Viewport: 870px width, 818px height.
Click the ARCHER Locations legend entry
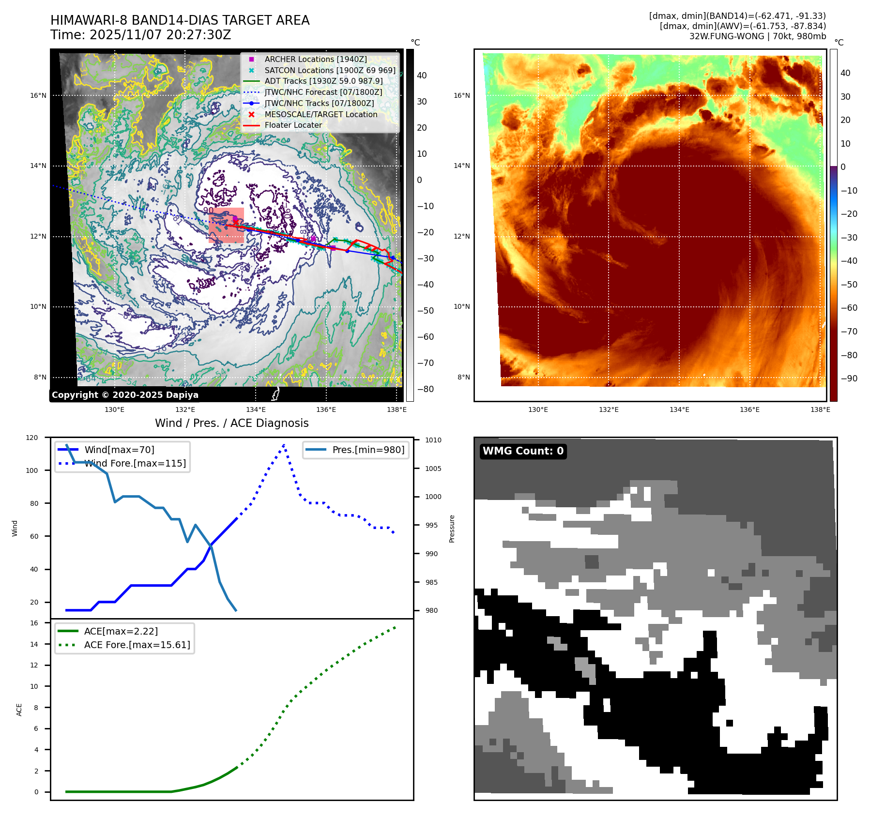315,59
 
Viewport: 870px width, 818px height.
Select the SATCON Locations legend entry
329,70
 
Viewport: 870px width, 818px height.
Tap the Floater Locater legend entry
293,125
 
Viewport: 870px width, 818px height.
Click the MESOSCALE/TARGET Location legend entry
321,114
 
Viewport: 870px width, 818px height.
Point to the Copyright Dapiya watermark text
125,395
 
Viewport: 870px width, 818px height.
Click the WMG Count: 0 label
523,451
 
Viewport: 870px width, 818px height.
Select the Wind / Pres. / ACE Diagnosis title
231,423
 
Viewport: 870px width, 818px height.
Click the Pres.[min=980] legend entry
368,450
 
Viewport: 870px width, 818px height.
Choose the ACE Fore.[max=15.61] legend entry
137,645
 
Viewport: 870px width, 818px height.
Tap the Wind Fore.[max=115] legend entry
135,463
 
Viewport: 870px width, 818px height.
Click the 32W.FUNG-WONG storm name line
757,36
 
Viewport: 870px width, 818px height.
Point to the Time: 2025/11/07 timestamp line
140,35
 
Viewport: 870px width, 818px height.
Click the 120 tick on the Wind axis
32,438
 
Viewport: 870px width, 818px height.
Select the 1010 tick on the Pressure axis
433,440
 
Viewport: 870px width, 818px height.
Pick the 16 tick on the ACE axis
34,623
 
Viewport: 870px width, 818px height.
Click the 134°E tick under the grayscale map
256,409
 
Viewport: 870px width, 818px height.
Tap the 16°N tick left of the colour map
461,95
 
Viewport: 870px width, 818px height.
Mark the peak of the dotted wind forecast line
284,445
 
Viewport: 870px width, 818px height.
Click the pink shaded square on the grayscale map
226,225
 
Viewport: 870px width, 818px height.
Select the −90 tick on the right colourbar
849,379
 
